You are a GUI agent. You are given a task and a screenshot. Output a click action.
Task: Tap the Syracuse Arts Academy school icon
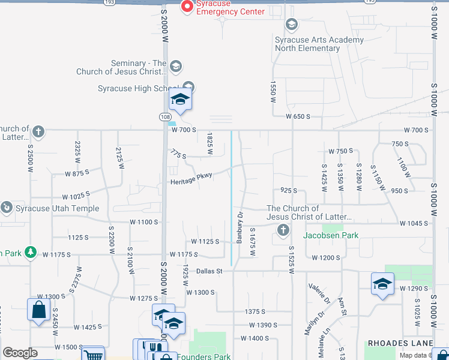[x=292, y=25]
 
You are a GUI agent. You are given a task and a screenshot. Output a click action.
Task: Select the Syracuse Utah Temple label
[x=55, y=208]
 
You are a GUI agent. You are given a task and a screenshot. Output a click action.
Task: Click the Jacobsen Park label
[x=331, y=235]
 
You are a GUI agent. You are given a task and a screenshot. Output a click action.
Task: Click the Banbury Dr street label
[x=240, y=227]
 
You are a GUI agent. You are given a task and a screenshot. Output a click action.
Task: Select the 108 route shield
[x=166, y=117]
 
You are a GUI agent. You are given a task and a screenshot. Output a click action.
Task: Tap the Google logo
[x=20, y=353]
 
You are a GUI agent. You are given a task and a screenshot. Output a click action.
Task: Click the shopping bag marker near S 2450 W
[x=38, y=310]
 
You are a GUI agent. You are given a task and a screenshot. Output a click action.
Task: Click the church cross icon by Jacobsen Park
[x=283, y=229]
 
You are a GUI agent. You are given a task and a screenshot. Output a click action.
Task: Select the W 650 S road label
[x=298, y=116]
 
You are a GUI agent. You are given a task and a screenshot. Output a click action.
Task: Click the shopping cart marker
[x=92, y=355]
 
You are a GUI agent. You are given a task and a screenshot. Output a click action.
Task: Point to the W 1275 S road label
[x=143, y=298]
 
